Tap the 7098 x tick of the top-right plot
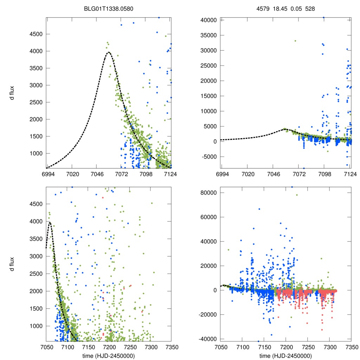pos(324,174)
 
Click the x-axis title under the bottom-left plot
pos(109,356)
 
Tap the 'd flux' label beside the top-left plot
pos(12,93)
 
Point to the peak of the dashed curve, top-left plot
pos(109,52)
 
